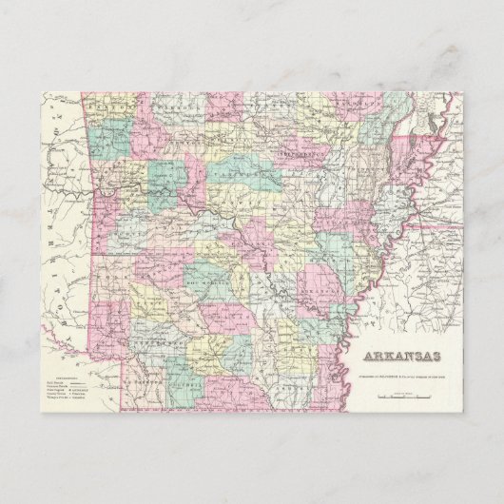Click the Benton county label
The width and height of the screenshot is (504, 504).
click(114, 110)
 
